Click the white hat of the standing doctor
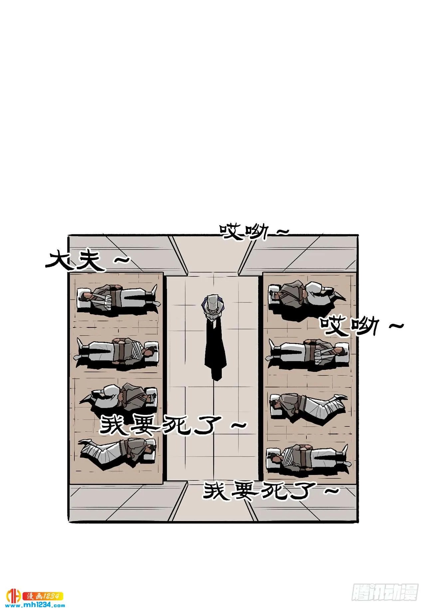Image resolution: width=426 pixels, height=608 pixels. (x=213, y=304)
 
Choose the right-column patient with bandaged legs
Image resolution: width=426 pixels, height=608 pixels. (x=308, y=405)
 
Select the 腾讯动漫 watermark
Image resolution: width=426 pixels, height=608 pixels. (x=384, y=591)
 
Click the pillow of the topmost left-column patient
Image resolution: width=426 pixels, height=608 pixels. (x=83, y=296)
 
